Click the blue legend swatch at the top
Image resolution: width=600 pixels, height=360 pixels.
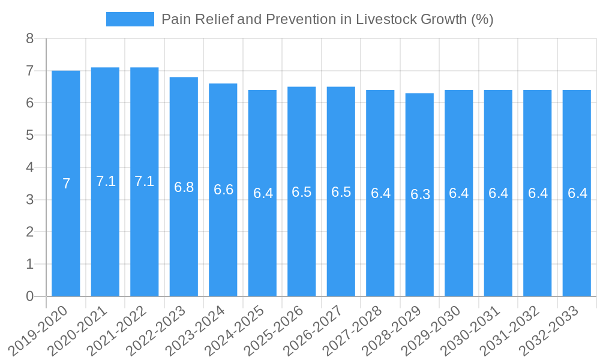coord(130,19)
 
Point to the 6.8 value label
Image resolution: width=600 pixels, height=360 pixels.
coord(184,187)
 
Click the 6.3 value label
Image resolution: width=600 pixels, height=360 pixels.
coord(420,194)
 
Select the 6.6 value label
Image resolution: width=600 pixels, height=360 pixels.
coord(223,190)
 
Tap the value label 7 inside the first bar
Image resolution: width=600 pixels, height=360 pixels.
coord(66,184)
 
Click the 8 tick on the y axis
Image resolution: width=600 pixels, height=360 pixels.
coord(29,39)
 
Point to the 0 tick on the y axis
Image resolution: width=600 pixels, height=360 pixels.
coord(29,296)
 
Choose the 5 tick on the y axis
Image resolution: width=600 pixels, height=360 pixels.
coord(29,136)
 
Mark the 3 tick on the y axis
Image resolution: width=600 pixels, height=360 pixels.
coord(29,200)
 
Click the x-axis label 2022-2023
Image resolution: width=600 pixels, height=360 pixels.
coord(160,330)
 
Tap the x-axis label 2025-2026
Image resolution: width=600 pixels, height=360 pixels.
coord(278,330)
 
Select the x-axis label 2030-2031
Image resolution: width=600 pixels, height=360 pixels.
coord(474,330)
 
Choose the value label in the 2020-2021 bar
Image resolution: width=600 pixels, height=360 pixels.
coord(106,181)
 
